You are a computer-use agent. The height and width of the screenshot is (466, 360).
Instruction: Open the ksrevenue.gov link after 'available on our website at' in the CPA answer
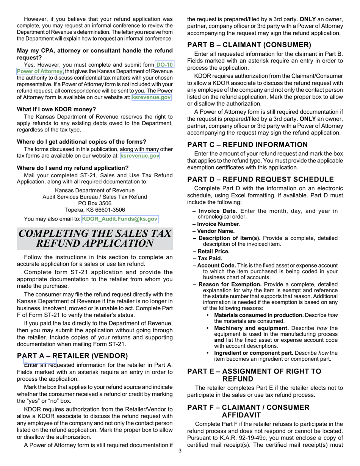click(151, 97)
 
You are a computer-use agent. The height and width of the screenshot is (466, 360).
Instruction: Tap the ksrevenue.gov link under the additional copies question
click(140, 156)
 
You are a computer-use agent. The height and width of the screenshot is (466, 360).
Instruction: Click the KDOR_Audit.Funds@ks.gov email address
click(119, 219)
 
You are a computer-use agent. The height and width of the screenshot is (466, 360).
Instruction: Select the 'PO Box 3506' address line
click(94, 203)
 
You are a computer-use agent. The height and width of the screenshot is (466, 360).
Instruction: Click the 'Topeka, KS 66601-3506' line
click(94, 210)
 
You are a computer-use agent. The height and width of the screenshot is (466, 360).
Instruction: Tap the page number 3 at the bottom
click(180, 451)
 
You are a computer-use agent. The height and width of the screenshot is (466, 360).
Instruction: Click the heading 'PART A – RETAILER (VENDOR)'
click(72, 356)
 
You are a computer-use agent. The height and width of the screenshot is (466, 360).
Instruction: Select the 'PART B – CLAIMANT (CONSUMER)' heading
click(249, 45)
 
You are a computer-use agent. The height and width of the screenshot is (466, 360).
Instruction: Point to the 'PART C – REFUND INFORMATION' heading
click(247, 145)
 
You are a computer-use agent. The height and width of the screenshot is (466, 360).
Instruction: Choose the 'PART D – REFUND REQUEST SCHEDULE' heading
click(260, 180)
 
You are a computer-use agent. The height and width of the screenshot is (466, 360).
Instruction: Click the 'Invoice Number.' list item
click(216, 224)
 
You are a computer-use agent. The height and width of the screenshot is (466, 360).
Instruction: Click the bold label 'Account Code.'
click(214, 266)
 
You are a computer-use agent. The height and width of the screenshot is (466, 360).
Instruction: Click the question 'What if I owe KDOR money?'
click(56, 109)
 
